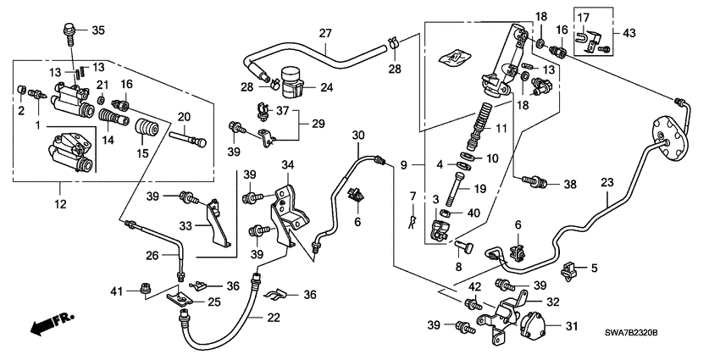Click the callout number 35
point(97,31)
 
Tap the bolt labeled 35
point(67,34)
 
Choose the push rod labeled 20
point(188,136)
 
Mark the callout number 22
point(274,317)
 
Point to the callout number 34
point(287,163)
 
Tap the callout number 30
point(357,136)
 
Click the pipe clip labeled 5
point(569,270)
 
